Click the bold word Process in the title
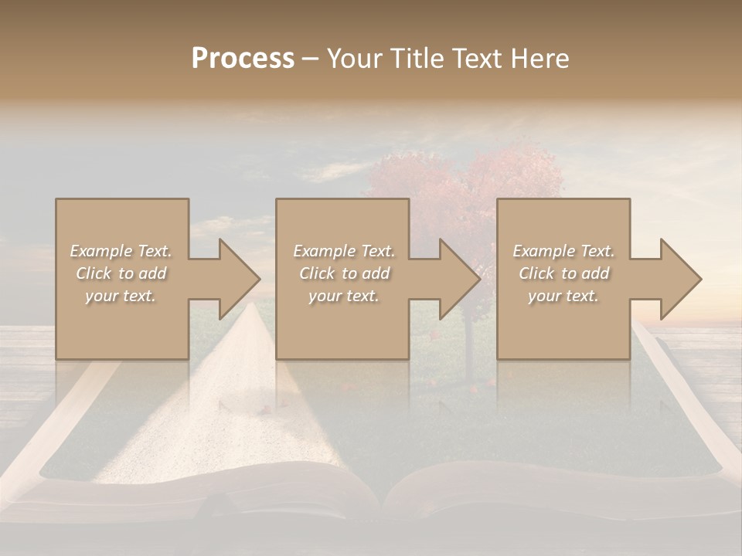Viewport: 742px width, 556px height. [243, 59]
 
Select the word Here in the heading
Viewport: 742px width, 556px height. [540, 59]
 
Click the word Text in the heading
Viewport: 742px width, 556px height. [479, 59]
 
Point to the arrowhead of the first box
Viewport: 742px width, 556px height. [239, 279]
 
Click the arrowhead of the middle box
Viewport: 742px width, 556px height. [459, 279]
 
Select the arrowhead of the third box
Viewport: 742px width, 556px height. [680, 279]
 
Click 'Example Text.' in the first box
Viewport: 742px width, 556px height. [121, 251]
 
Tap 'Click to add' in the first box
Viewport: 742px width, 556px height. [121, 273]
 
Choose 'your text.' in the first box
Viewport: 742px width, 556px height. [121, 296]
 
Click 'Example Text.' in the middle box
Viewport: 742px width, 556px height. [343, 251]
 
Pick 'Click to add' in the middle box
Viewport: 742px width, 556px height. [343, 273]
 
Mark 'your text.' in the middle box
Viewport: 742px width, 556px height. [343, 296]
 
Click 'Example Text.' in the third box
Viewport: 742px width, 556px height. [563, 251]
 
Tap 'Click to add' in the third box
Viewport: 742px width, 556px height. [563, 273]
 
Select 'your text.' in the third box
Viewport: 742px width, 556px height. [563, 296]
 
